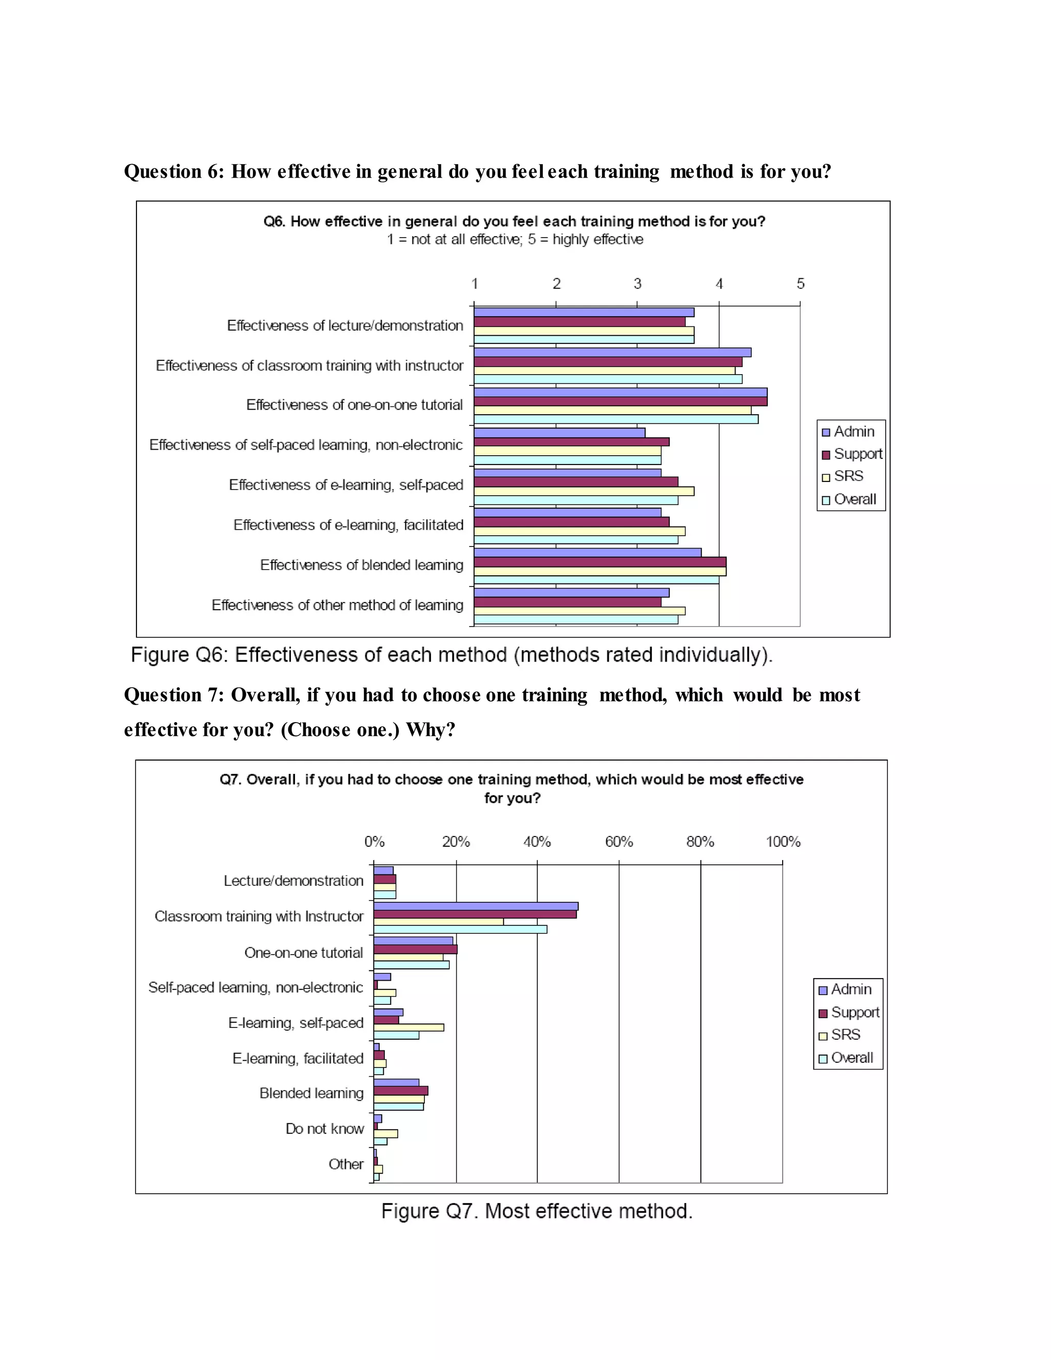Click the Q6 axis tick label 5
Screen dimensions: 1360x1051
click(800, 284)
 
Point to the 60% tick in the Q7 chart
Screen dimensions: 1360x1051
click(619, 842)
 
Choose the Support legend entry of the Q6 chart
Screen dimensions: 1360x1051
click(851, 454)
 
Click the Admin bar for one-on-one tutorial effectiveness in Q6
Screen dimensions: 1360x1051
click(620, 392)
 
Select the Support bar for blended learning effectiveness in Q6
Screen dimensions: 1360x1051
click(599, 561)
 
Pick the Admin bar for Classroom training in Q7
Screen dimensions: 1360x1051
click(476, 906)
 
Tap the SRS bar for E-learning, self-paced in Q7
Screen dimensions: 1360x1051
click(408, 1027)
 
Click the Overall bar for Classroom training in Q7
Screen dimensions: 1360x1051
click(460, 929)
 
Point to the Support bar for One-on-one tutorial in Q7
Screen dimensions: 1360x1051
click(415, 949)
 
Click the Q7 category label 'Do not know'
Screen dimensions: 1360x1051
click(324, 1129)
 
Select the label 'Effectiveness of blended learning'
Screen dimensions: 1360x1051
click(361, 565)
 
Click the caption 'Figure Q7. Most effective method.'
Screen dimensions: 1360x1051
click(537, 1211)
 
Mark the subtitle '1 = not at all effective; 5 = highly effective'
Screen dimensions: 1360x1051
click(515, 239)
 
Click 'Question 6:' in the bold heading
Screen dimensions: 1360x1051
click(174, 171)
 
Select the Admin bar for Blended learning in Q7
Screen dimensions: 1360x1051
click(396, 1083)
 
